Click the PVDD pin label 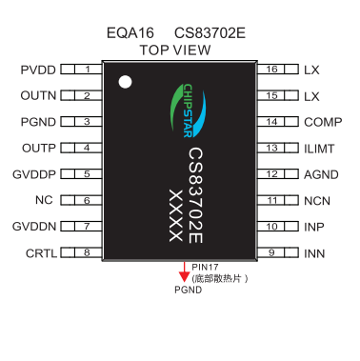click(38, 70)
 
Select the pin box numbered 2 click(87, 95)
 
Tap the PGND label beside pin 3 click(39, 122)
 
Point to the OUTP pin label click(39, 149)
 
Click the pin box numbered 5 click(87, 174)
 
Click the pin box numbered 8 click(87, 253)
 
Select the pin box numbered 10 click(272, 227)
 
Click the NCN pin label click(317, 201)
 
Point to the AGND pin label click(320, 174)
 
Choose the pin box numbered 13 click(272, 149)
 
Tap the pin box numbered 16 click(272, 70)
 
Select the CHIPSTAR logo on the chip click(179, 110)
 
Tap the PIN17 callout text click(206, 268)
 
